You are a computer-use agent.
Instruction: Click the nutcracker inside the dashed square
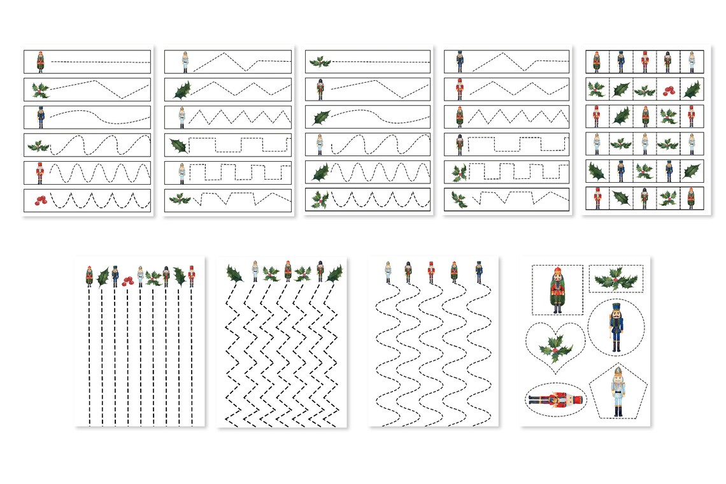tap(558, 290)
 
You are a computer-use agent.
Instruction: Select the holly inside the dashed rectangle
tap(616, 278)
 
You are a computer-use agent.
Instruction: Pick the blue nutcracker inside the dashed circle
tap(616, 327)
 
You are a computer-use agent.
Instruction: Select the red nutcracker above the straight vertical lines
tap(192, 276)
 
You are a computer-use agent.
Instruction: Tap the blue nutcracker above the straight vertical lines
tap(115, 276)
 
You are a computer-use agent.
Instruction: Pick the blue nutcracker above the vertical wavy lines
tap(478, 272)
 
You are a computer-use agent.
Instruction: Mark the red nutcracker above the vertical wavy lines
tap(431, 272)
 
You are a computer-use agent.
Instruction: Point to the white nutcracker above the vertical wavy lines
tap(388, 272)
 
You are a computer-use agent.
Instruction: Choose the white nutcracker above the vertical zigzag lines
tap(255, 272)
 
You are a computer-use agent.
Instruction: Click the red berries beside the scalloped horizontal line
tap(39, 200)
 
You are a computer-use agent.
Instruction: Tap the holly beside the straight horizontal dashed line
tap(320, 62)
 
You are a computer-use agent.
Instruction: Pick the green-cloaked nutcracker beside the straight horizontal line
tap(39, 62)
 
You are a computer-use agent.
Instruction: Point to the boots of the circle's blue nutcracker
tap(616, 347)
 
